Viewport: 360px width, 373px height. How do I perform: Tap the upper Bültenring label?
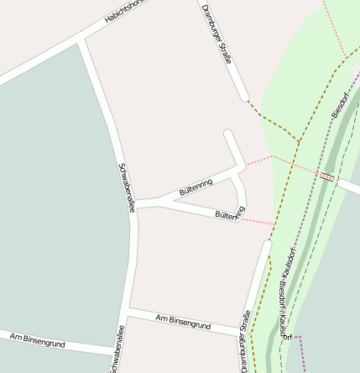coord(196,187)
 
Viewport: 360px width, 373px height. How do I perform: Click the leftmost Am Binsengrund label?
coord(38,340)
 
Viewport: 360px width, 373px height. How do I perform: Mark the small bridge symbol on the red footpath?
coord(327,176)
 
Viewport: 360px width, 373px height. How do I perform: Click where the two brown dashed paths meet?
coord(299,141)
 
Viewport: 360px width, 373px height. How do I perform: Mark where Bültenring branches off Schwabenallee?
coord(136,203)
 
